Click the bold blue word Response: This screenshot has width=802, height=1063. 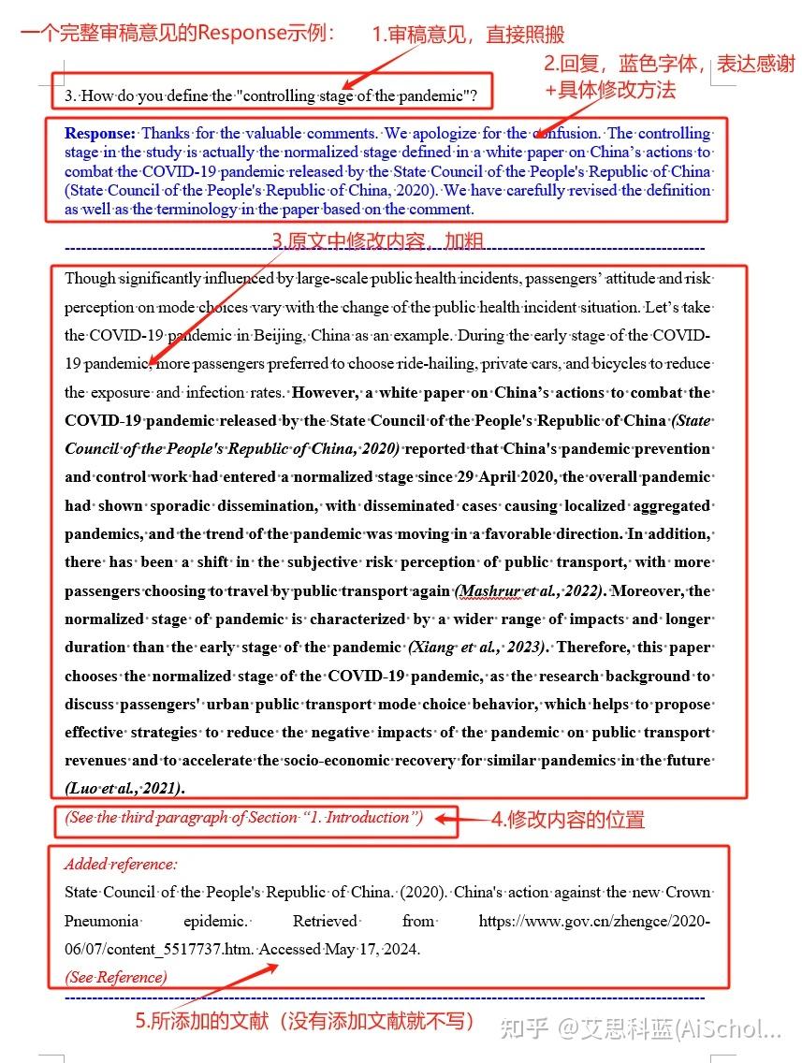[x=100, y=133]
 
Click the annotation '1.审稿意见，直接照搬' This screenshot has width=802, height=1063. [x=468, y=35]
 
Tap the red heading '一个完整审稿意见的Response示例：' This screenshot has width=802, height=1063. [x=178, y=33]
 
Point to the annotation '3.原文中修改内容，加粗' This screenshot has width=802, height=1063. [x=377, y=241]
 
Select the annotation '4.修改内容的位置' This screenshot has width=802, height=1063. [x=568, y=821]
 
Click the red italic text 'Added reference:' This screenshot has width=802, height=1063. [x=121, y=864]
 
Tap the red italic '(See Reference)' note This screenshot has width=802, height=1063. [x=116, y=977]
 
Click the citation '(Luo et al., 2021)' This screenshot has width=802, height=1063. [x=124, y=788]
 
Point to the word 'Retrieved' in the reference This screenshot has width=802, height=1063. [x=325, y=921]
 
